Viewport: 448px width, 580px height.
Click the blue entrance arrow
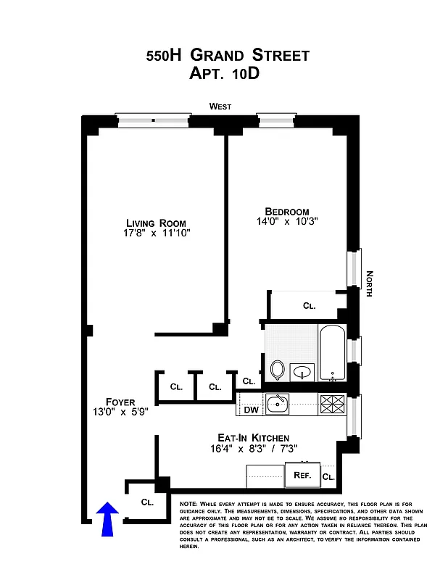(x=107, y=519)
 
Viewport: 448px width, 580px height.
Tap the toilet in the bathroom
(x=278, y=370)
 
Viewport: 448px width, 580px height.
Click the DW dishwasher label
(x=252, y=410)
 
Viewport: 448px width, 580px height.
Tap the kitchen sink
(x=278, y=404)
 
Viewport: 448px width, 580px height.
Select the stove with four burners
(x=333, y=404)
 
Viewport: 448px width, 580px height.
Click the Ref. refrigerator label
(x=302, y=476)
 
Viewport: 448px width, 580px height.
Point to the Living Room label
(x=156, y=223)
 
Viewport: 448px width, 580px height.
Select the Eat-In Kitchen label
(x=254, y=438)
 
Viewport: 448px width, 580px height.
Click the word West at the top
(x=220, y=107)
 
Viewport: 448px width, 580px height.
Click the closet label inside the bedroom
(x=310, y=306)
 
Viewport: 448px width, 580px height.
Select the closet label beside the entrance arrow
(x=147, y=502)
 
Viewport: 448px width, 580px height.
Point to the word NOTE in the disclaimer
(x=187, y=503)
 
